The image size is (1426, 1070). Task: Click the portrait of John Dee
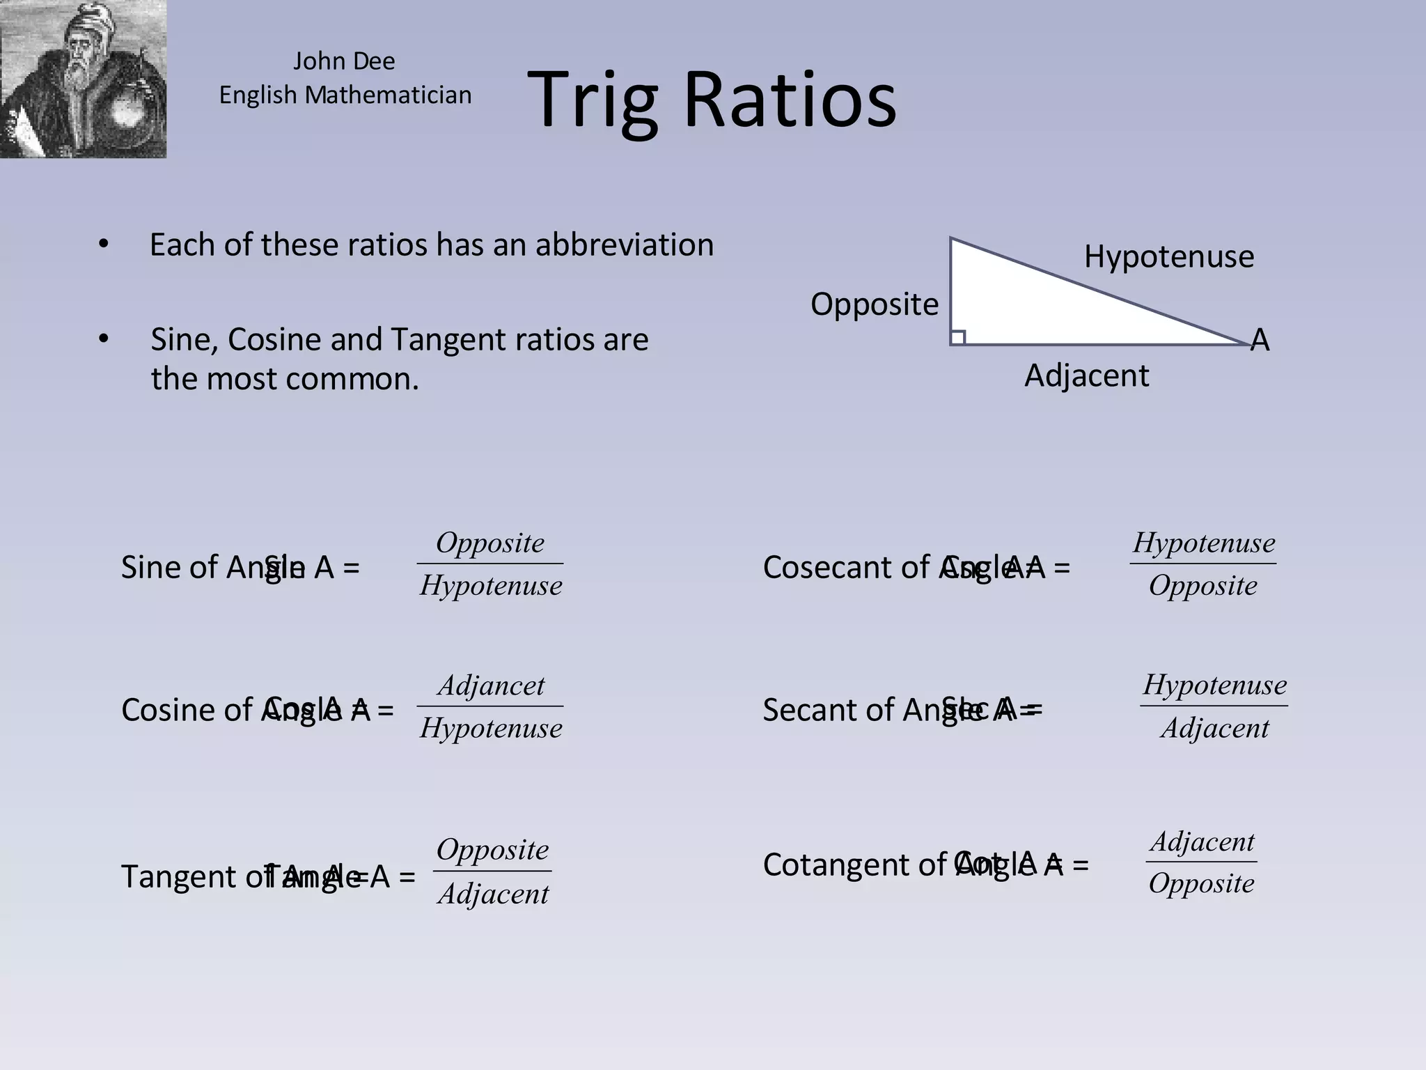[83, 79]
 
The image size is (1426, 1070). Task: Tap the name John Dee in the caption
[344, 61]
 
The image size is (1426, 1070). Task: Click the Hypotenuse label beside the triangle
[1168, 256]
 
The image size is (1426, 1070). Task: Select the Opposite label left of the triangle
[875, 304]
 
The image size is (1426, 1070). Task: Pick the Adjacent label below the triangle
[1086, 376]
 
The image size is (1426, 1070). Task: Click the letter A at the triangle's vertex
[1260, 341]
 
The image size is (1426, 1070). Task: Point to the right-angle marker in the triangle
[958, 338]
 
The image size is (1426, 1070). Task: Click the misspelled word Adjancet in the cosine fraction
[491, 685]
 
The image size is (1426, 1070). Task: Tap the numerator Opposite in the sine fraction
[490, 543]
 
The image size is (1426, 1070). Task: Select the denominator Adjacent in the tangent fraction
[493, 894]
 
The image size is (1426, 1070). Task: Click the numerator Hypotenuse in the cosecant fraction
[1203, 543]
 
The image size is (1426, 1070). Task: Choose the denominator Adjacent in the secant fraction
[1214, 728]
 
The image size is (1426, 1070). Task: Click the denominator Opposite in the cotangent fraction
[1201, 883]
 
